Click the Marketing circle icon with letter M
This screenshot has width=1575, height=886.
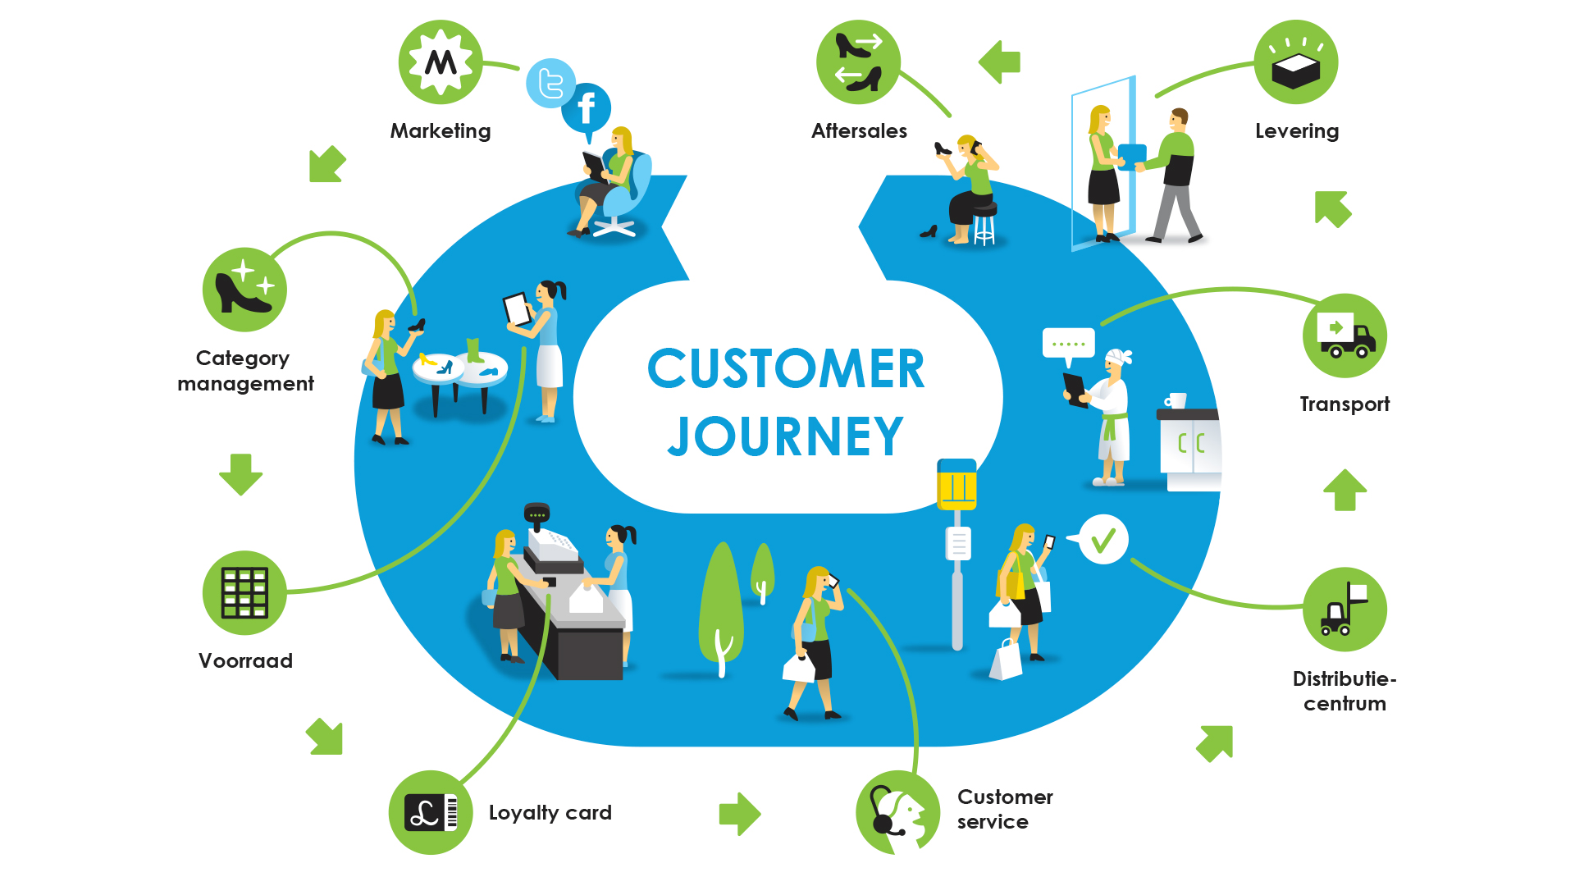tap(441, 62)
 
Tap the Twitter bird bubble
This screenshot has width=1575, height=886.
tap(550, 83)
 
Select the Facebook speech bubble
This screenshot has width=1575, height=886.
tap(587, 108)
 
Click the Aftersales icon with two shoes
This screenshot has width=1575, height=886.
tap(858, 62)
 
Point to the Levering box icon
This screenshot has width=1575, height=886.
tap(1296, 62)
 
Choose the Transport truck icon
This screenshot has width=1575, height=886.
tap(1344, 336)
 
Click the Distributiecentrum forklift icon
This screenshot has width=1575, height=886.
tap(1344, 610)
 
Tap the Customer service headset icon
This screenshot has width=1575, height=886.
tap(897, 812)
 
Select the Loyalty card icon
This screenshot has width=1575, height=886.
tap(431, 812)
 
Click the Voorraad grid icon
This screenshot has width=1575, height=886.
tap(244, 592)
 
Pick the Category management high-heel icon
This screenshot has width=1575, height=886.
tap(244, 290)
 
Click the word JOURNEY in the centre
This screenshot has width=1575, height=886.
tap(785, 436)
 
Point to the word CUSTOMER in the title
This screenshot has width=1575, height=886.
tap(785, 369)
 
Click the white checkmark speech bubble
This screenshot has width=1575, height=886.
tap(1103, 539)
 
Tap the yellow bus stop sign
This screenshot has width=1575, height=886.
tap(956, 484)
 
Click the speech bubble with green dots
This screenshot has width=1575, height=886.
tap(1068, 344)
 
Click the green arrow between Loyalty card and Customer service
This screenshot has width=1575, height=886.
tap(740, 814)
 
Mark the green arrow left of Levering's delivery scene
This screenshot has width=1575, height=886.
tap(1000, 62)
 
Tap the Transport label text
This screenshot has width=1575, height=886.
tap(1344, 404)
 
